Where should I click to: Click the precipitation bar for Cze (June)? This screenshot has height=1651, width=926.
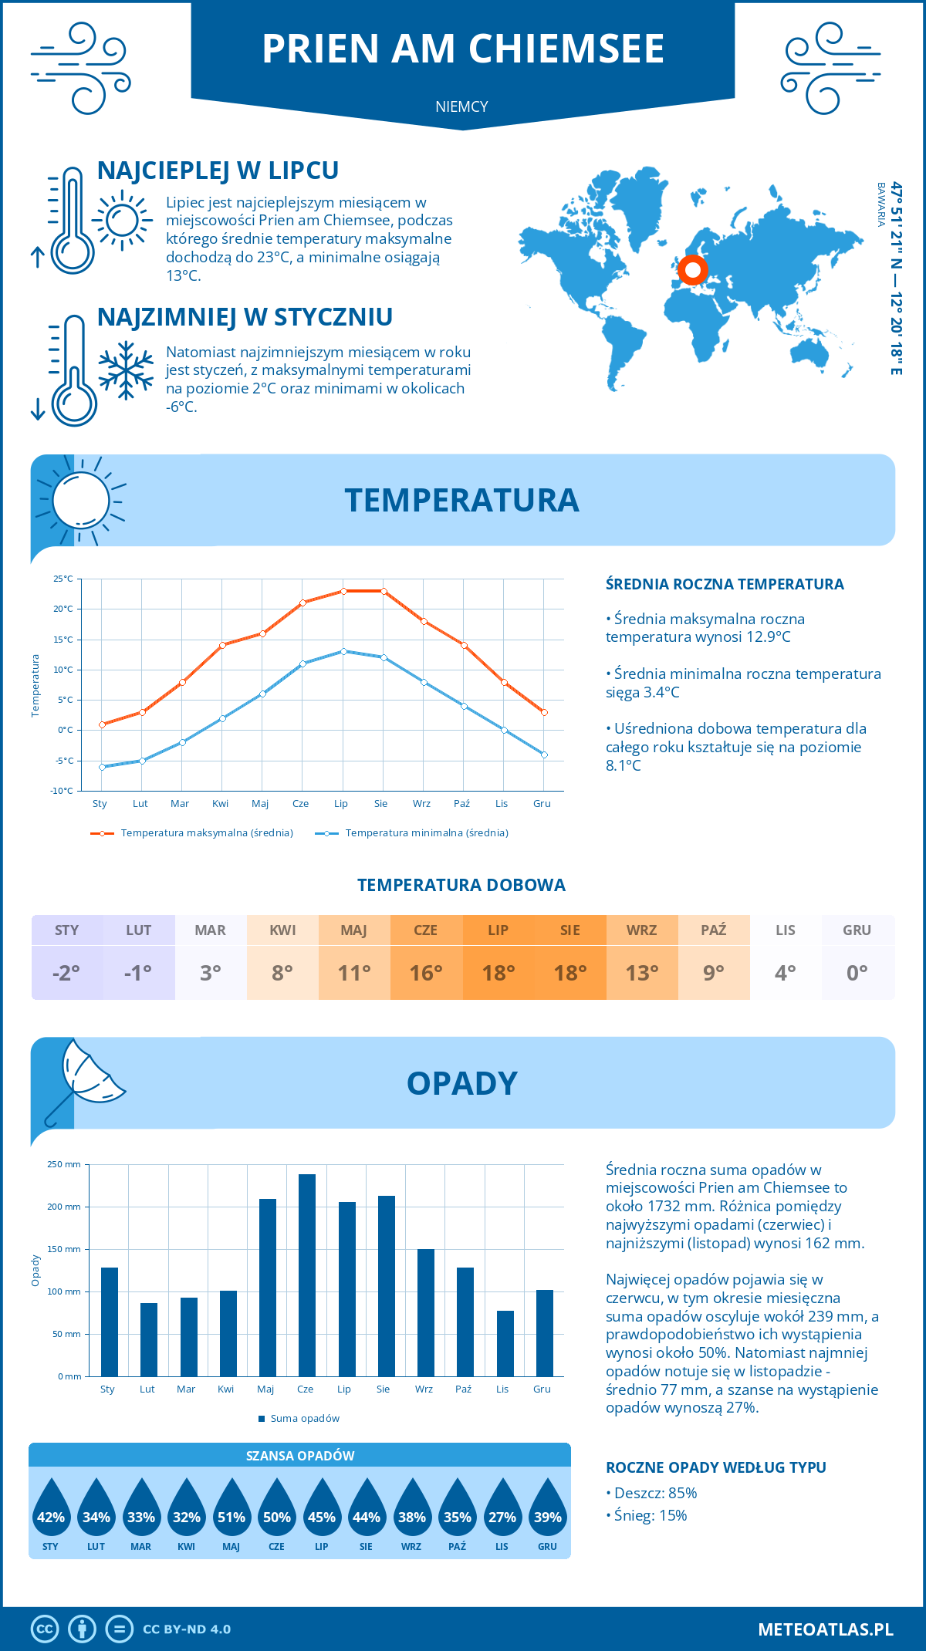pos(307,1275)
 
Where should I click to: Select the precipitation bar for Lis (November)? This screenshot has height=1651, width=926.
pos(505,1343)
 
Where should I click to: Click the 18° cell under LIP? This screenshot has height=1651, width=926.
pos(498,973)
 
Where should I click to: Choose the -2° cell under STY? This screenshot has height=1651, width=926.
pos(66,973)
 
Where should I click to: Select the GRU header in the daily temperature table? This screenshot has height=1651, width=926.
pos(857,930)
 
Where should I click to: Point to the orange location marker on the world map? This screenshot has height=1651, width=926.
pos(692,270)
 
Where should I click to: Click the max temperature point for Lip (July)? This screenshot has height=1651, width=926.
pos(343,591)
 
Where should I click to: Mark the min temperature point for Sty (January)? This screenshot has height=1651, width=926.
pos(102,767)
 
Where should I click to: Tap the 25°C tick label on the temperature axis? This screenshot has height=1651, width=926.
pos(63,579)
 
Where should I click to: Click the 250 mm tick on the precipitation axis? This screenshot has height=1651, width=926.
pos(64,1164)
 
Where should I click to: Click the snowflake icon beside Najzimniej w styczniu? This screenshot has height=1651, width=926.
pos(126,370)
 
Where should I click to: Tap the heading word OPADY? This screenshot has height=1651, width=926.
pos(461,1083)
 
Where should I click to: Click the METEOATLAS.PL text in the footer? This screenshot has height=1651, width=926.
pos(825,1629)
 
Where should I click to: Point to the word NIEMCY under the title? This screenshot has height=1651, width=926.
pos(461,106)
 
